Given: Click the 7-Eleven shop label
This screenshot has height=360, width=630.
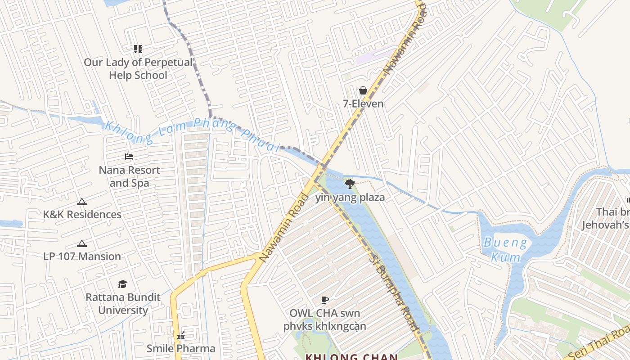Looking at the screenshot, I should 363,104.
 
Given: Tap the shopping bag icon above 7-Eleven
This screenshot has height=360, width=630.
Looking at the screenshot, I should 363,91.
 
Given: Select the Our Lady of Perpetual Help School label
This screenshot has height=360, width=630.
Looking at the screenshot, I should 138,69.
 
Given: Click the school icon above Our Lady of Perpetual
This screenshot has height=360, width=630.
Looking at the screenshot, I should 138,49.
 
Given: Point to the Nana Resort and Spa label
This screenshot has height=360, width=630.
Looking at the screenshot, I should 130,176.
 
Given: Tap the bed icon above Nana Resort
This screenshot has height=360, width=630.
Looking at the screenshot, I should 129,157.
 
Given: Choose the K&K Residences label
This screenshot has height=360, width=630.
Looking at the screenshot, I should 82,215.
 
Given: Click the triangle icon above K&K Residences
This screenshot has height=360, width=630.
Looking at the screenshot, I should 81,202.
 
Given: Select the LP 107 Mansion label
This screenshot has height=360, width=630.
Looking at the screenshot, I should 82,256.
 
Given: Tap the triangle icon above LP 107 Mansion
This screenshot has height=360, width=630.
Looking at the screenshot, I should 81,244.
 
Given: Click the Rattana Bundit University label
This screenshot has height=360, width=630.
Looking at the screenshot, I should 123,304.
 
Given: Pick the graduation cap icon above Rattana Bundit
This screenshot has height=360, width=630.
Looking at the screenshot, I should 122,284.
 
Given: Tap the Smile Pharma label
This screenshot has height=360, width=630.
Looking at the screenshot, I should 181,348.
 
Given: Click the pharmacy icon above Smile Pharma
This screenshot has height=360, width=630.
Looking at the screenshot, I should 181,335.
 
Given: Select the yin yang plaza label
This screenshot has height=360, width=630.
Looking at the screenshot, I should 350,198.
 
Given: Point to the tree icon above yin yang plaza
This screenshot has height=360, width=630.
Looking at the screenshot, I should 350,184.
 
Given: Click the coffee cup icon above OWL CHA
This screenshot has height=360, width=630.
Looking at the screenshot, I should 325,300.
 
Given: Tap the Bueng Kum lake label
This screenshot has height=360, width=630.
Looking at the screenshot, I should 505,250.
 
